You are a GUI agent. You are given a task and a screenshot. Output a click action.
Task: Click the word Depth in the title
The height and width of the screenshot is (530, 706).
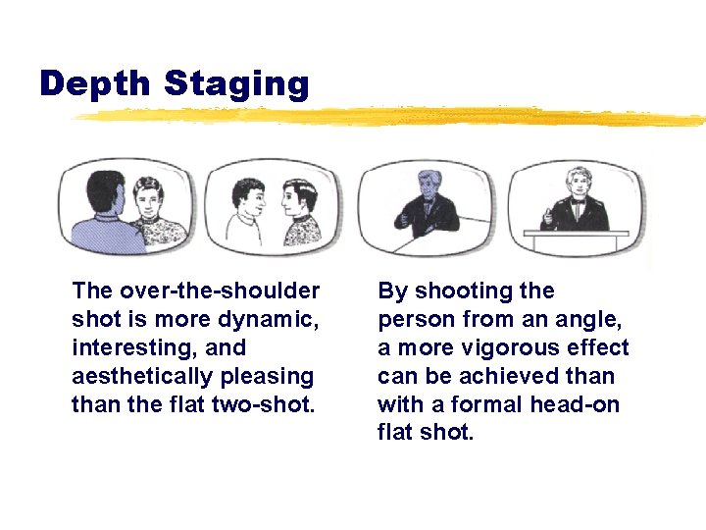pyautogui.click(x=96, y=84)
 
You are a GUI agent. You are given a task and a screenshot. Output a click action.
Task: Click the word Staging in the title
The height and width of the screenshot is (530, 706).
pyautogui.click(x=236, y=84)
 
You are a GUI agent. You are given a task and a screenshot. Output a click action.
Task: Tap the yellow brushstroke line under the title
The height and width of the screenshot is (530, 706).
pyautogui.click(x=392, y=116)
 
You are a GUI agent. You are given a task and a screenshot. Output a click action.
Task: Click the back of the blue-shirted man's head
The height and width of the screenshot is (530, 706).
pyautogui.click(x=102, y=190)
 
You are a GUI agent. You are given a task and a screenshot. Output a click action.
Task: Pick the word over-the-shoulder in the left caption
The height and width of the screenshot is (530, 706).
pyautogui.click(x=218, y=291)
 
